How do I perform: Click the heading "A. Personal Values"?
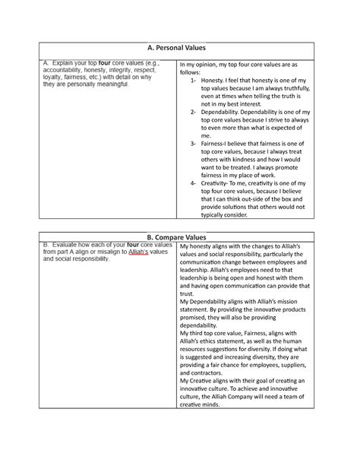pyautogui.click(x=179, y=47)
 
